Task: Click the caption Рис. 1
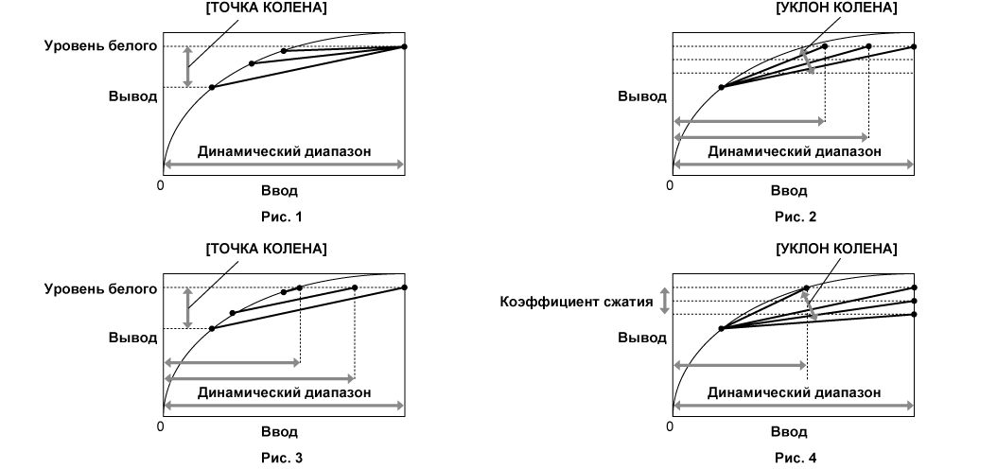282,217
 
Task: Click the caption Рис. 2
796,217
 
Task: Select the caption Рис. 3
282,458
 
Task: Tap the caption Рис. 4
796,458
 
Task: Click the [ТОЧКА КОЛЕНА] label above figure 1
267,8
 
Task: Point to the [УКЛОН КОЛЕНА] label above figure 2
837,8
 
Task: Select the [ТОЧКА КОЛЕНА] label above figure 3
267,249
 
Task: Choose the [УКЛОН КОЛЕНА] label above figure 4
837,249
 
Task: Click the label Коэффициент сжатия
577,302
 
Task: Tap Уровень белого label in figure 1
100,45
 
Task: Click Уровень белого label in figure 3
100,289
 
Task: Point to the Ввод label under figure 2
789,191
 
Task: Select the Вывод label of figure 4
642,338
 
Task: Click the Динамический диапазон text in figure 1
284,151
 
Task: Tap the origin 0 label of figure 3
160,426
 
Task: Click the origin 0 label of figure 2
670,185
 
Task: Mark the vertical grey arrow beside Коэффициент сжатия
664,302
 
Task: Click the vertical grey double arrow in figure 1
187,67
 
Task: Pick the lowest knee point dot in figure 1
212,87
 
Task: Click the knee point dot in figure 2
721,87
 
